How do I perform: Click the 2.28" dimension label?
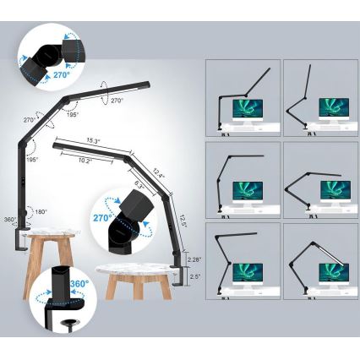(195, 259)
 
